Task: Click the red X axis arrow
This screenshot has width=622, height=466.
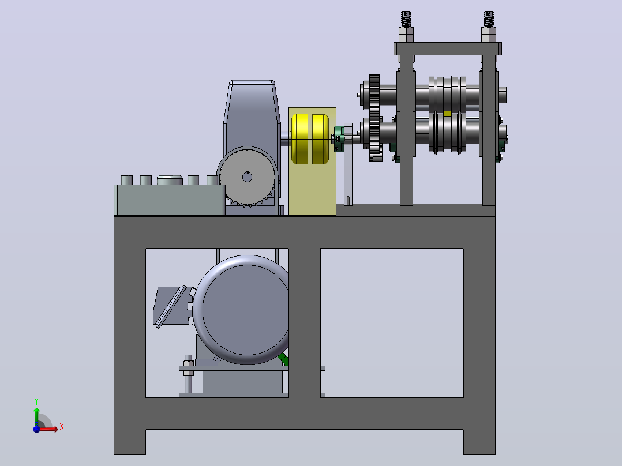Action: pyautogui.click(x=49, y=429)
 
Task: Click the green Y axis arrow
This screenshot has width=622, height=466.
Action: pyautogui.click(x=36, y=416)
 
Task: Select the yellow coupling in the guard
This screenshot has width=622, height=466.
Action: pyautogui.click(x=310, y=139)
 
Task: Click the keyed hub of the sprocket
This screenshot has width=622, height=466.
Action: pyautogui.click(x=247, y=177)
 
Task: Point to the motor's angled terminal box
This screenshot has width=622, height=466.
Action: pyautogui.click(x=172, y=306)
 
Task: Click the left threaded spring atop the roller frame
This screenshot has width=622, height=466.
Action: pyautogui.click(x=406, y=19)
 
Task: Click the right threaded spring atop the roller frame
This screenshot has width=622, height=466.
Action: pyautogui.click(x=489, y=19)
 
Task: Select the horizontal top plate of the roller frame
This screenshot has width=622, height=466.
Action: pyautogui.click(x=448, y=49)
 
